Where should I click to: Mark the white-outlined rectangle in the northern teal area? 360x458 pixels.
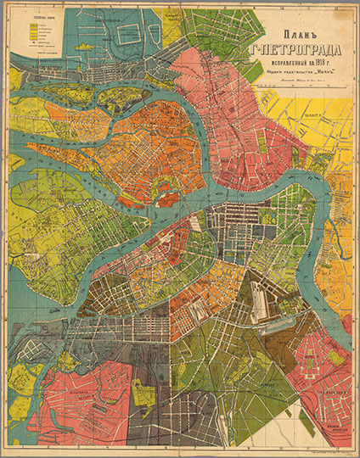click(x=132, y=34)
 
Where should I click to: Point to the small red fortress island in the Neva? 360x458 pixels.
click(x=167, y=199)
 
